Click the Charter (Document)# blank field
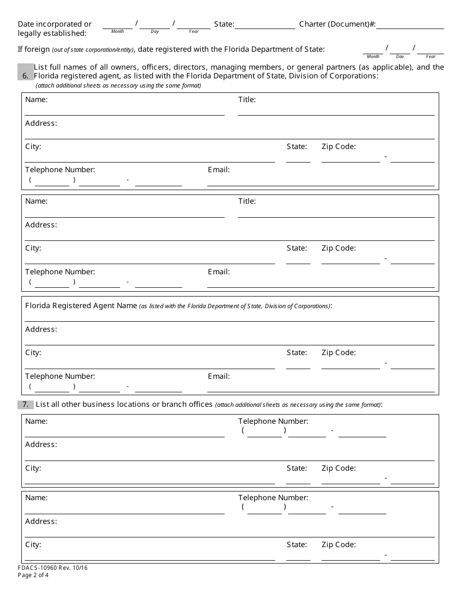tap(410, 25)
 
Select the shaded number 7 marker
tap(25, 404)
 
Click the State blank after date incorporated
tap(265, 25)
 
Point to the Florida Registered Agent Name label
tap(81, 306)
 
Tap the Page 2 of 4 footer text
tap(33, 575)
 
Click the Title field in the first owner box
tap(336, 111)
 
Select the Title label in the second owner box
tap(247, 201)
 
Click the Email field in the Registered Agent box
tap(321, 387)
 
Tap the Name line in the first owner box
tap(124, 111)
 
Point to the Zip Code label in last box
tap(338, 545)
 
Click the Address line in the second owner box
tap(230, 236)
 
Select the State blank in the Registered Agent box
tap(298, 364)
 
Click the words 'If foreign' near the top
tap(34, 49)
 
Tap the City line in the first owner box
tap(150, 158)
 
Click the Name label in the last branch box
tap(36, 498)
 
